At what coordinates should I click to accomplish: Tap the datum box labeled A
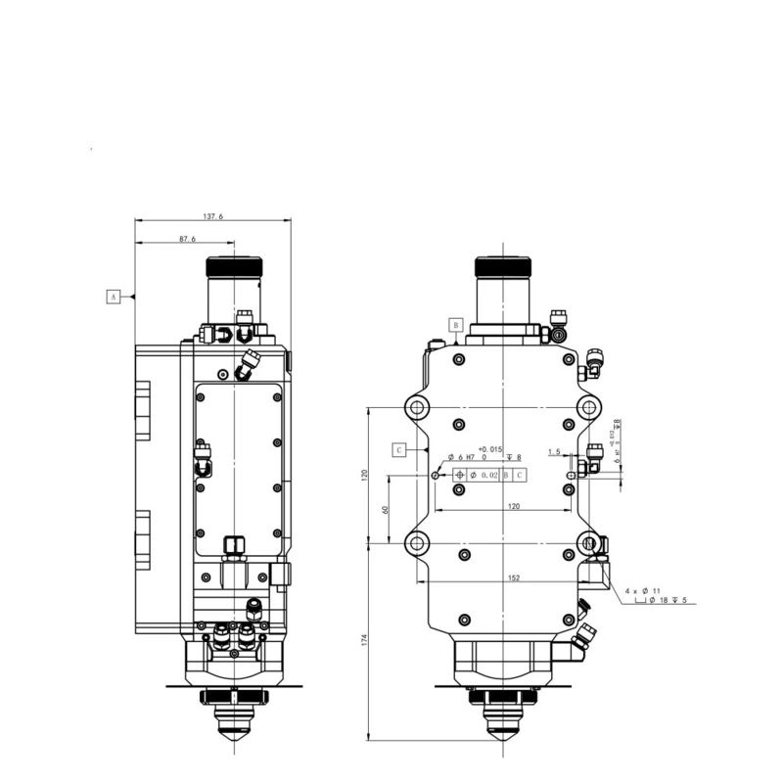pos(113,295)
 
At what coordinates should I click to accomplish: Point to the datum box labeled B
pos(455,323)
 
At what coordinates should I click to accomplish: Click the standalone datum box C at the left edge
pos(399,450)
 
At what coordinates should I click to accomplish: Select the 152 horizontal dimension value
pos(514,578)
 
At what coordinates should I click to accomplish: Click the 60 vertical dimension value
pos(386,509)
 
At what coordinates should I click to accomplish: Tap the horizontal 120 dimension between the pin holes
pos(513,507)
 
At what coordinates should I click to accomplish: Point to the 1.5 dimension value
pos(555,452)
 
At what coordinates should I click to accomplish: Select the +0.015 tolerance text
pos(489,449)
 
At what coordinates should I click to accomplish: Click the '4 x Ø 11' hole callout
pos(642,591)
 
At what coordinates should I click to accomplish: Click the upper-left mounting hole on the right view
pos(417,407)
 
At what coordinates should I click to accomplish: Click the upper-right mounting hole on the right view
pos(587,407)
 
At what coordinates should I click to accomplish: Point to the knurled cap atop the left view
pos(235,267)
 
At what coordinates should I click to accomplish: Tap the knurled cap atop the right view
pos(503,267)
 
